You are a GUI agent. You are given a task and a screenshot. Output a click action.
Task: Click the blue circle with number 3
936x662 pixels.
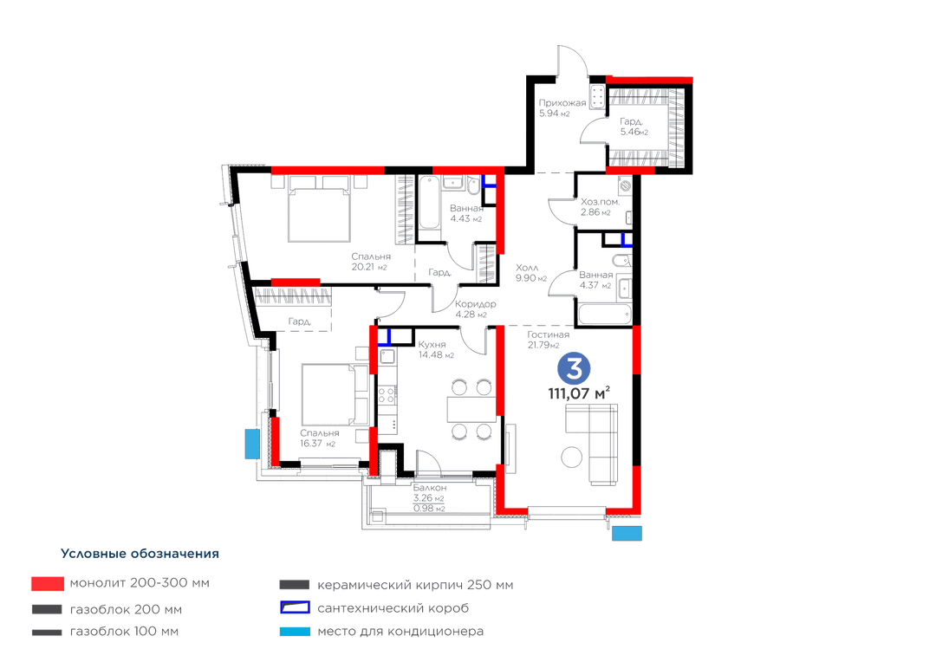tap(574, 369)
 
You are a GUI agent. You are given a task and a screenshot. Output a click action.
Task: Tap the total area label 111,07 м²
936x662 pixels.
tap(579, 393)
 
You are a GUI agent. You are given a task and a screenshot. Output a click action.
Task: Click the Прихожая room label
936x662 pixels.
tap(562, 102)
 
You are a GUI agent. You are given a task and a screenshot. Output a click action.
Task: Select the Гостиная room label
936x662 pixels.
tap(548, 334)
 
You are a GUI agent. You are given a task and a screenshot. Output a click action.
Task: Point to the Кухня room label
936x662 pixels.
tap(432, 345)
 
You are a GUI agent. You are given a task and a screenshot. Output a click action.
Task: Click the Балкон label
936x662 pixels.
tap(429, 489)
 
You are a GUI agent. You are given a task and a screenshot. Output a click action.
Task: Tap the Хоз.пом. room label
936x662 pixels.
tap(600, 202)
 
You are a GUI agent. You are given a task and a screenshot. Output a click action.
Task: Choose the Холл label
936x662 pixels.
tap(527, 268)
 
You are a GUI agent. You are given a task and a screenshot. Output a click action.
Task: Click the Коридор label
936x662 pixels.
tap(475, 304)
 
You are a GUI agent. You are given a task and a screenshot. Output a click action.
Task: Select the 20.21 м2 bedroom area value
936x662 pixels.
tap(369, 267)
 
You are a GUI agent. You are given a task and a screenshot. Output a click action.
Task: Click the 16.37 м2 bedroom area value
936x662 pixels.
tap(317, 444)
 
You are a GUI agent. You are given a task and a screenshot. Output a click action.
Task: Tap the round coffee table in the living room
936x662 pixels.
tap(572, 458)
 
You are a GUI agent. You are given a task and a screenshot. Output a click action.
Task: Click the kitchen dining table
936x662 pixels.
tap(471, 410)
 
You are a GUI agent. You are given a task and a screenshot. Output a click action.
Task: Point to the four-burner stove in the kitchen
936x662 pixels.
tap(387, 395)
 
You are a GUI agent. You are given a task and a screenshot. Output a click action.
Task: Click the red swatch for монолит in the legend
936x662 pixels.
tap(48, 584)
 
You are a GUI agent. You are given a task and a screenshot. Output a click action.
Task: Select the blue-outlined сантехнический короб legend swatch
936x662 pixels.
tap(295, 607)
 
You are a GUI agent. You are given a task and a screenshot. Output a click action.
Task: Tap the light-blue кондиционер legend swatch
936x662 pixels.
tap(295, 631)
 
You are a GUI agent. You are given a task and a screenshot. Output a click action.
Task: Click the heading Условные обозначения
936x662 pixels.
tap(140, 554)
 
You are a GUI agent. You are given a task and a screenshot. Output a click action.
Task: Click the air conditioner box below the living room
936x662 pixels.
tap(627, 533)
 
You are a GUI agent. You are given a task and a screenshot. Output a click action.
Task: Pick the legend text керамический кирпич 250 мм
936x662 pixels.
tap(415, 585)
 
